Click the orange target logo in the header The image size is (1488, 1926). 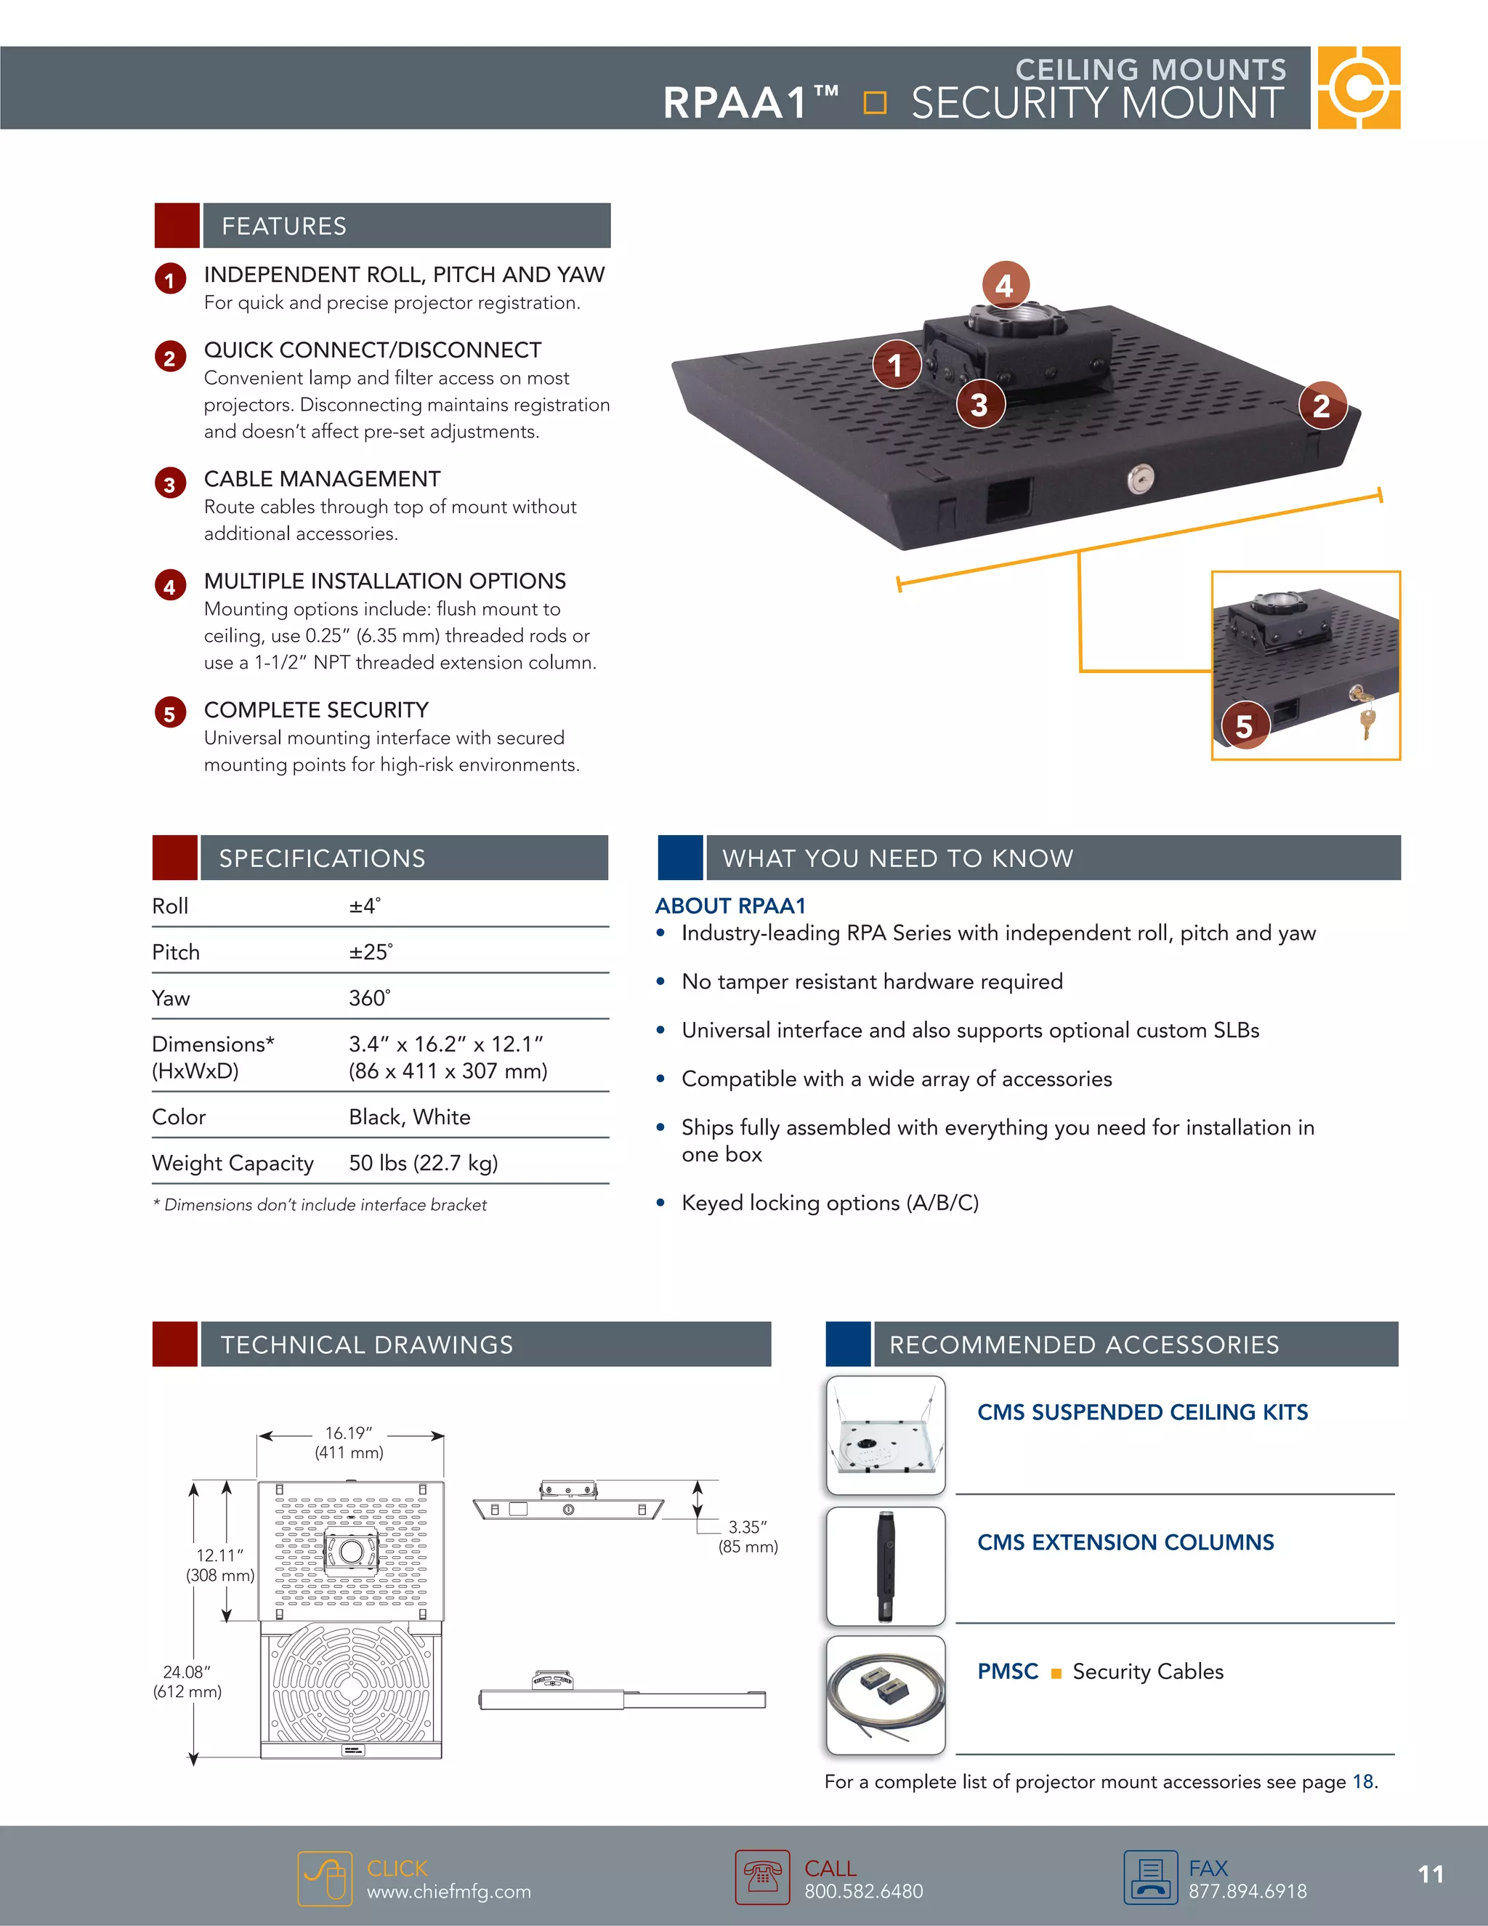click(x=1359, y=88)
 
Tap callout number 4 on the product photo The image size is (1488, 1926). click(x=1004, y=285)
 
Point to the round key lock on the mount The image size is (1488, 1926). click(x=1140, y=480)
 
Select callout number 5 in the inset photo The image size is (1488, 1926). click(x=1244, y=726)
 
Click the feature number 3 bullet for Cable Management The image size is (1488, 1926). click(x=170, y=484)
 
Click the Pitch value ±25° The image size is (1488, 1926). click(x=371, y=952)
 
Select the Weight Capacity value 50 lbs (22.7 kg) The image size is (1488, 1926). click(x=423, y=1163)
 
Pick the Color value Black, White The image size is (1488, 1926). click(x=409, y=1117)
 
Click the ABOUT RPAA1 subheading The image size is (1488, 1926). click(x=730, y=906)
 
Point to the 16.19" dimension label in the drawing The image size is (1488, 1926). click(x=349, y=1434)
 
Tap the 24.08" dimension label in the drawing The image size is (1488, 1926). click(x=187, y=1672)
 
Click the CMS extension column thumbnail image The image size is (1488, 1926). click(x=886, y=1566)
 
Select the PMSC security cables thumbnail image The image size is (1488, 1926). click(x=886, y=1695)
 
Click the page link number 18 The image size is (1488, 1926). click(x=1363, y=1781)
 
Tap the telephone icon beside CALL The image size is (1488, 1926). click(x=762, y=1877)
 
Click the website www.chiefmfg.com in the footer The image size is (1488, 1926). click(x=449, y=1892)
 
